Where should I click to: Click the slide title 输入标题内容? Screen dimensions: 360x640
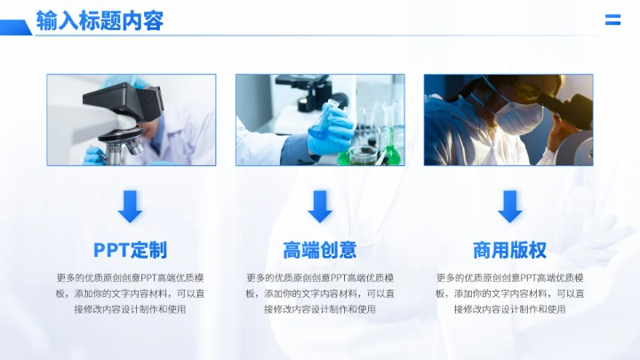pos(100,20)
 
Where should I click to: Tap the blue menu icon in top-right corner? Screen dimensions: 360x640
pos(612,20)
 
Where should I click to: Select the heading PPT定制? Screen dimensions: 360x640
pos(130,250)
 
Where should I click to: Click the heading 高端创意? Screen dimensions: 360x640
pos(320,250)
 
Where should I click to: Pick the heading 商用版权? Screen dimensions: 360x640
pos(509,250)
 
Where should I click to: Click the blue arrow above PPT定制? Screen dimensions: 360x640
pos(130,206)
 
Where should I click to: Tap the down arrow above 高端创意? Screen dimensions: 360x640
pos(320,206)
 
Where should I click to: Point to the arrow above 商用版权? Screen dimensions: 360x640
pos(509,206)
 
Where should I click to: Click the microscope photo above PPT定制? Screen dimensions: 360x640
pos(131,120)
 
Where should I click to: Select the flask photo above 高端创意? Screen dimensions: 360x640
pos(320,120)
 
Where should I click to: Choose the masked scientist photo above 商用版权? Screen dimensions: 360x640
pos(508,120)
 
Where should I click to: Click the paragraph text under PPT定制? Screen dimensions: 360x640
pos(130,293)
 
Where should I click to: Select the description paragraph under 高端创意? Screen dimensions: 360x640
pos(320,293)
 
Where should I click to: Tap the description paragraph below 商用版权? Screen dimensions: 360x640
pos(509,293)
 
